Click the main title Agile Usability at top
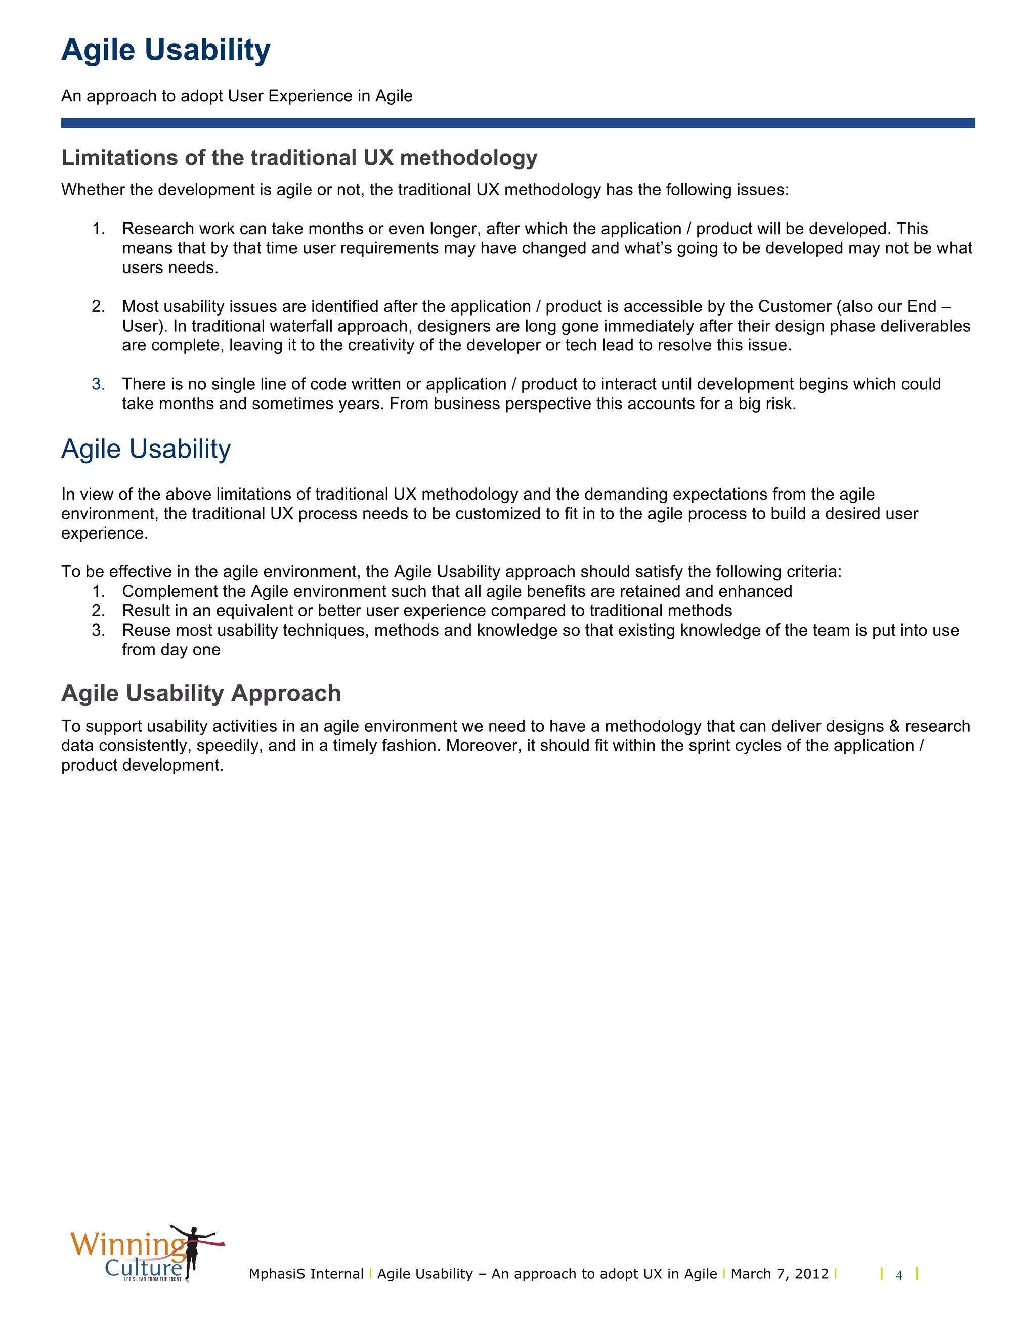(166, 50)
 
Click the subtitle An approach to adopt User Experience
(236, 96)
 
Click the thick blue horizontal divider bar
(517, 123)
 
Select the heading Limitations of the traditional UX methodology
(299, 158)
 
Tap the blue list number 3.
(98, 384)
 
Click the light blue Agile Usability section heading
(146, 449)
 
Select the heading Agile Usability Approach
(201, 693)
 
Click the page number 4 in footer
(898, 1276)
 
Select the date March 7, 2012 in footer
(779, 1274)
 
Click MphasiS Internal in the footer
(306, 1274)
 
